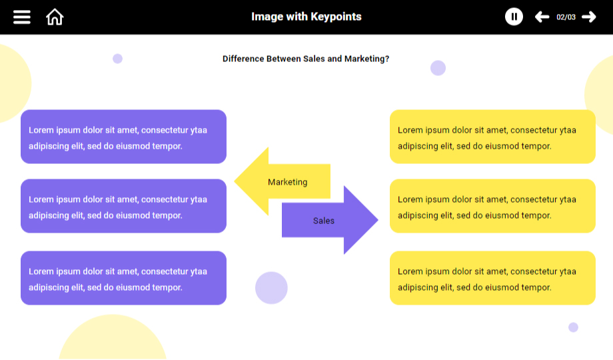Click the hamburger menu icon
pos(22,17)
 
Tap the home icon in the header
pos(55,17)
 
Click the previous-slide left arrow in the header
pos(542,17)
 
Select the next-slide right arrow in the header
pos(589,17)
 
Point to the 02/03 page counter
pos(566,17)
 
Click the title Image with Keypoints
pos(306,17)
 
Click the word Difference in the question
pos(243,59)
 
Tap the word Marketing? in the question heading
pos(367,59)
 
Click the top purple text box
pos(123,137)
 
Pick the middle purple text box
pos(123,206)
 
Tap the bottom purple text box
pos(123,278)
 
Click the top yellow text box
pos(492,137)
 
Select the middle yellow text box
pos(492,206)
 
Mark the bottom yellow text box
pos(492,278)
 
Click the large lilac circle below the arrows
pos(271,288)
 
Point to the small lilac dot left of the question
pos(117,59)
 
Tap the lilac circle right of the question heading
pos(438,68)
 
